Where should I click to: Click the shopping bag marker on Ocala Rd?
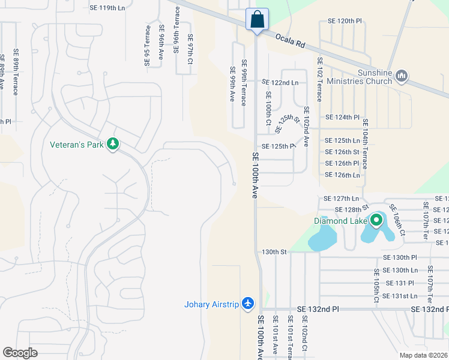(x=257, y=19)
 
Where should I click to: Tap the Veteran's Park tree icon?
(x=112, y=144)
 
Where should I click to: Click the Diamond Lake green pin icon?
(x=376, y=220)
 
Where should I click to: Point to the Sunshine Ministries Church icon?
(x=402, y=76)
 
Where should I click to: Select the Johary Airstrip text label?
(x=211, y=304)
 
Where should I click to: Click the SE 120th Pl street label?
(x=345, y=21)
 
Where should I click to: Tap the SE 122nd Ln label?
(x=280, y=82)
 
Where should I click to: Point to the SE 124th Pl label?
(x=342, y=118)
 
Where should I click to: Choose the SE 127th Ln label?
(x=341, y=199)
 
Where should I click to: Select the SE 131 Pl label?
(x=399, y=283)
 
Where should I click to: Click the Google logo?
(x=20, y=353)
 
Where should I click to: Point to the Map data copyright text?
(x=423, y=355)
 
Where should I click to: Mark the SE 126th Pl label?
(x=342, y=163)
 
